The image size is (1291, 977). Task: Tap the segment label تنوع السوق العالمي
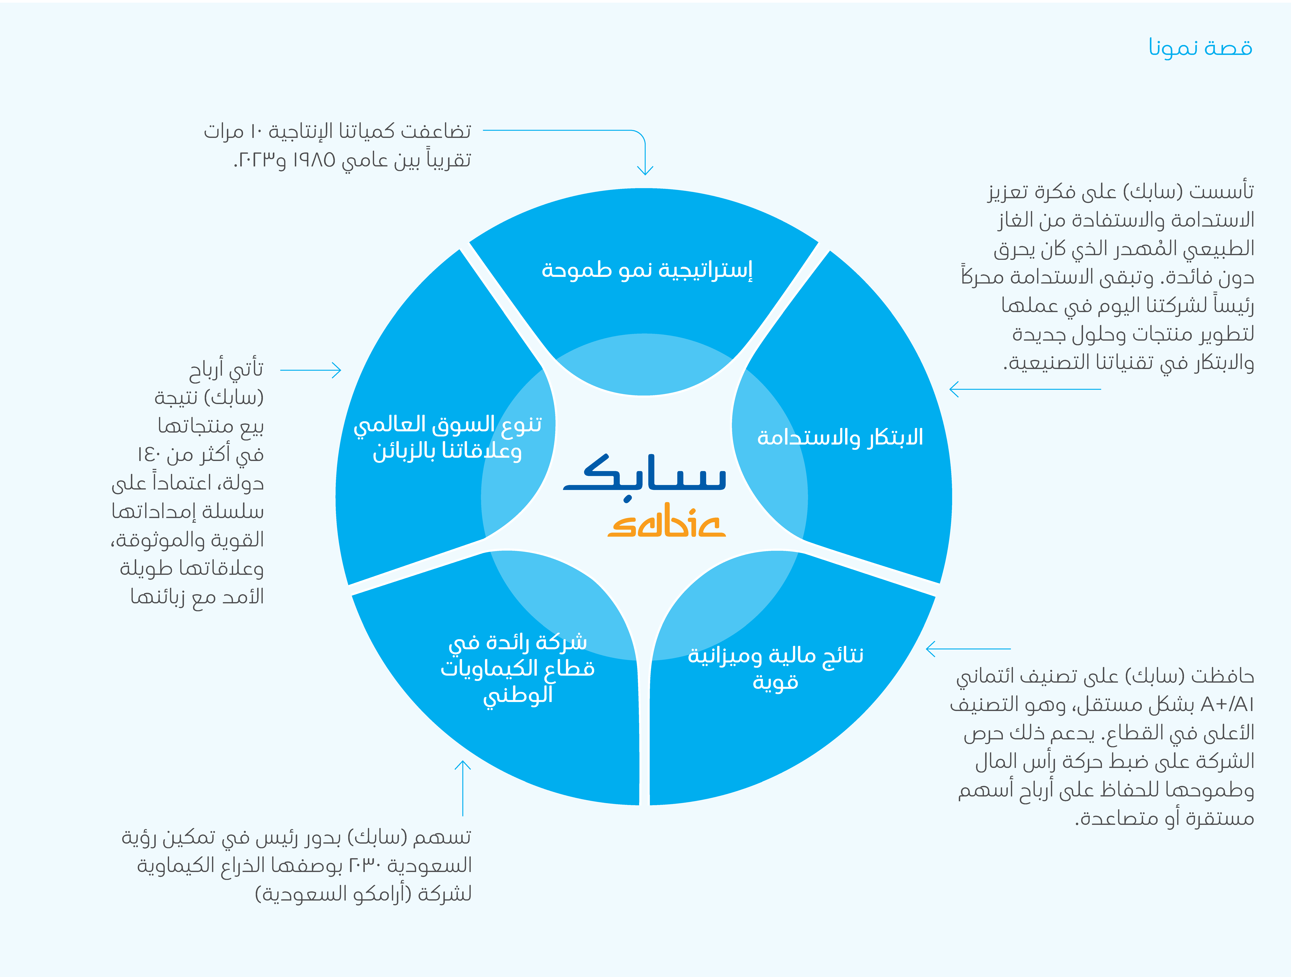point(448,424)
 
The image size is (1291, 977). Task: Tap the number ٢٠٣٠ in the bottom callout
point(365,865)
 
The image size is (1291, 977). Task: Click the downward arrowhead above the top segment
point(645,169)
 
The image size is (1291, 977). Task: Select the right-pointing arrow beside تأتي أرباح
point(310,370)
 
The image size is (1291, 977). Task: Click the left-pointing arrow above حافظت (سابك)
point(968,648)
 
